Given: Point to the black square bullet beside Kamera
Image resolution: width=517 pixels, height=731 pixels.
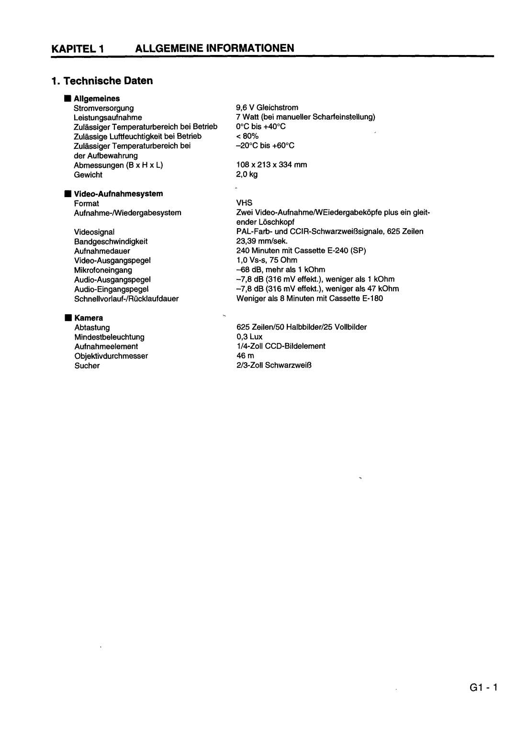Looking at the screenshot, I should click(x=68, y=318).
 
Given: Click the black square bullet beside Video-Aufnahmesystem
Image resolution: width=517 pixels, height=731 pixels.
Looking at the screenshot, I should click(x=68, y=194).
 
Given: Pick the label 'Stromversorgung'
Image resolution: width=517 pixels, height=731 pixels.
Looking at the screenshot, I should click(x=103, y=108).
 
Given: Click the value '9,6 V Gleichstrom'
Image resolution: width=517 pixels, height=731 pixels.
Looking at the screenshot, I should click(x=267, y=108).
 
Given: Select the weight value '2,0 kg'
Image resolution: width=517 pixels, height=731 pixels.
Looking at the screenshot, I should click(x=247, y=174).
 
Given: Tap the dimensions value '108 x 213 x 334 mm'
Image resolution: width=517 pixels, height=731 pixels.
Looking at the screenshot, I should click(x=271, y=165).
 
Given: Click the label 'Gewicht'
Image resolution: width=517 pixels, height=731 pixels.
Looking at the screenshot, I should click(x=88, y=175).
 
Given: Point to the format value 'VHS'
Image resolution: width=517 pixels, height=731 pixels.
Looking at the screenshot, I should click(x=244, y=203).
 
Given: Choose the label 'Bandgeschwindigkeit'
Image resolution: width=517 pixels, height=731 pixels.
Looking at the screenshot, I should click(x=111, y=242).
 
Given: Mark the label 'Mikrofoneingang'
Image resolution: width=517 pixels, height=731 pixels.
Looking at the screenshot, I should click(x=103, y=270).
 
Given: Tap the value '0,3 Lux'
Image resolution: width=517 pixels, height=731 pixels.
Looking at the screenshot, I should click(x=249, y=337).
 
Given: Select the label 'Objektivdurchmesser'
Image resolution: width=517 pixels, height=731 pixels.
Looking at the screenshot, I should click(x=111, y=356).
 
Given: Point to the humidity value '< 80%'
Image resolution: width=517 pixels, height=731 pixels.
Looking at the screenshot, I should click(x=247, y=136).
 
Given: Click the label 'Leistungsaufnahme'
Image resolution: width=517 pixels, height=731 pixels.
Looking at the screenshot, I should click(x=108, y=117).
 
